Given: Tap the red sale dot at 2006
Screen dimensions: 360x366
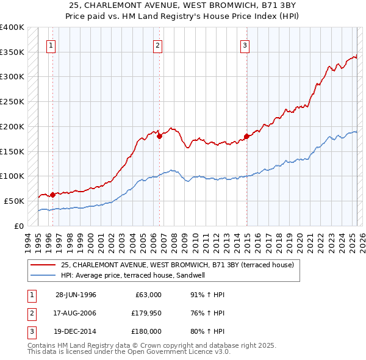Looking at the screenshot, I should (159, 137).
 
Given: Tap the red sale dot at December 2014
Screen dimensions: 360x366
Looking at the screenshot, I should (246, 136).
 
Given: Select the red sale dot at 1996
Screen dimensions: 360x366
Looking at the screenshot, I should (53, 195).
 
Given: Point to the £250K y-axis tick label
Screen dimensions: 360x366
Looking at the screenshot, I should (12, 102).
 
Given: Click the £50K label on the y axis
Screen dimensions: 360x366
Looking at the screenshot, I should (13, 201).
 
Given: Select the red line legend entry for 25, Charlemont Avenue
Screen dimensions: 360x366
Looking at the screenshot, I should (178, 265).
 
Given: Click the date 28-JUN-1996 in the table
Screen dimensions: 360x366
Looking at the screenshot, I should (76, 295).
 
